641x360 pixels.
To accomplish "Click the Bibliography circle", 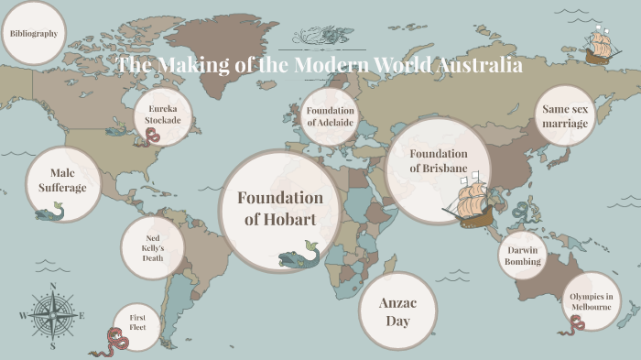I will [34, 33].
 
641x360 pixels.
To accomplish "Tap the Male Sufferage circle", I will [62, 180].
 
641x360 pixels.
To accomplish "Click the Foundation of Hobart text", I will [280, 208].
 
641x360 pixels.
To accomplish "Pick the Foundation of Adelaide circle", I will [330, 116].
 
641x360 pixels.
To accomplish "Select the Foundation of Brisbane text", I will [439, 161].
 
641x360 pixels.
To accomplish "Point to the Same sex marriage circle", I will [564, 115].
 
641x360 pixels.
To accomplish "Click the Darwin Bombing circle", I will [523, 256].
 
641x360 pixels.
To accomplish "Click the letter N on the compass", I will [53, 287].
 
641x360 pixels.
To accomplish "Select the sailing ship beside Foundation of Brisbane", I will [471, 203].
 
